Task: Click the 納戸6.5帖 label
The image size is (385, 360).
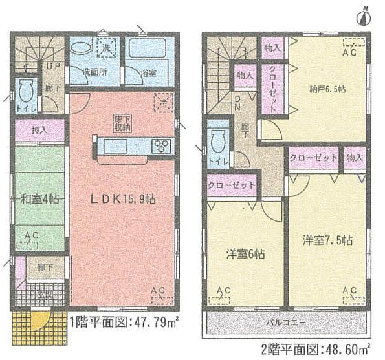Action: click(327, 90)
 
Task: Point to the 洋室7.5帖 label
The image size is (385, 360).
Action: click(327, 241)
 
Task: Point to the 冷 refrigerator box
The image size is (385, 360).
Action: click(163, 101)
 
